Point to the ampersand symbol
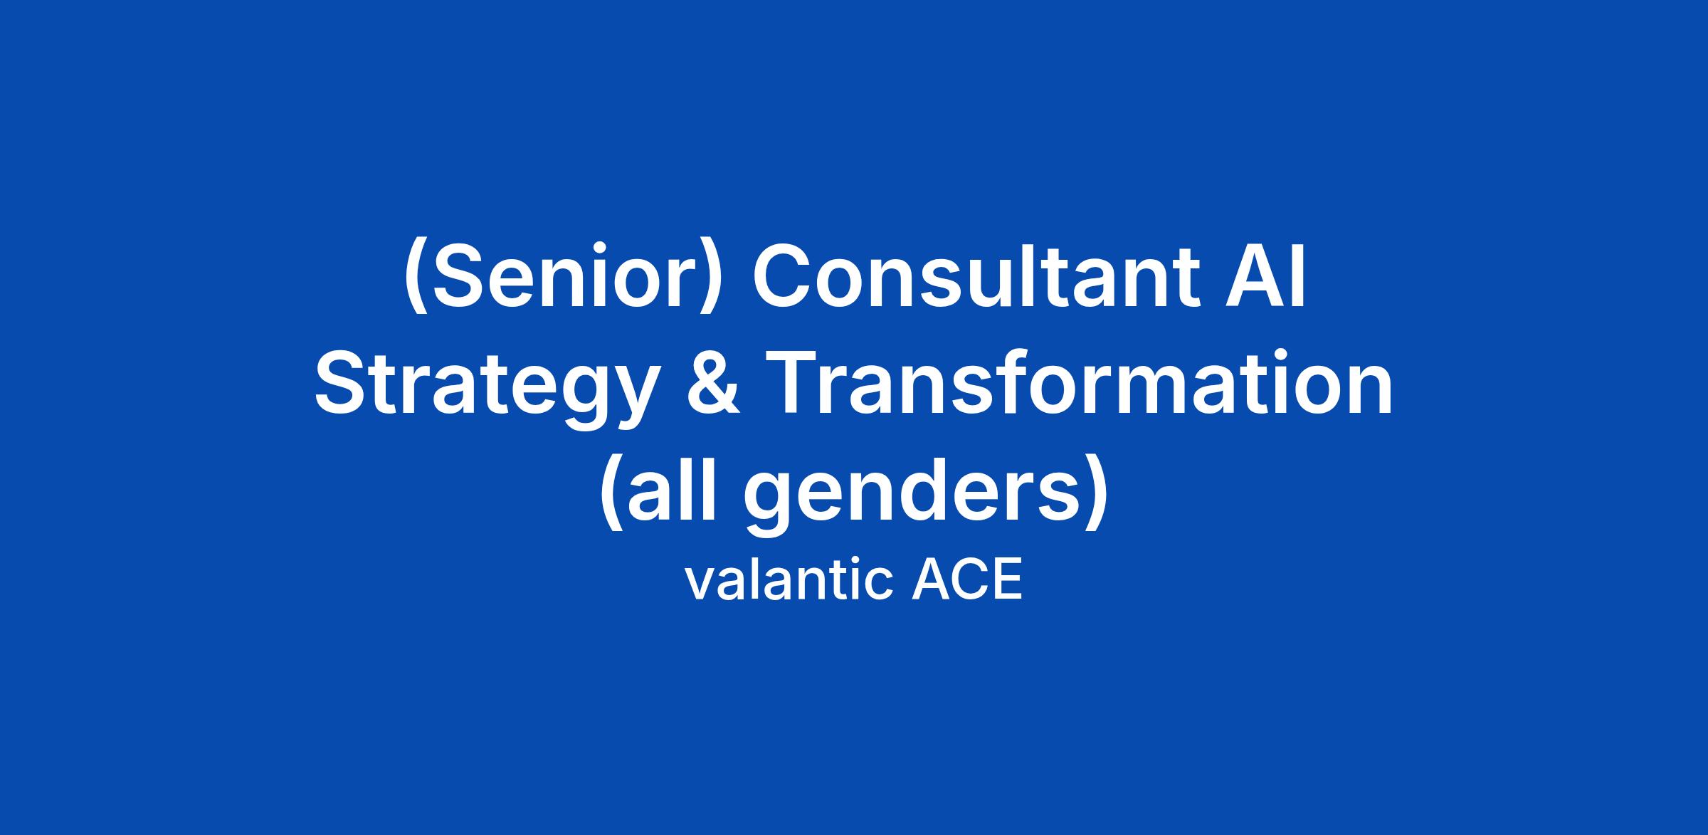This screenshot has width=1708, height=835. tap(713, 384)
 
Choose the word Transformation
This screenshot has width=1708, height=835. tap(1080, 382)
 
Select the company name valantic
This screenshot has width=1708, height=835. tap(789, 580)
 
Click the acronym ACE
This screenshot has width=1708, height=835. tap(968, 580)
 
